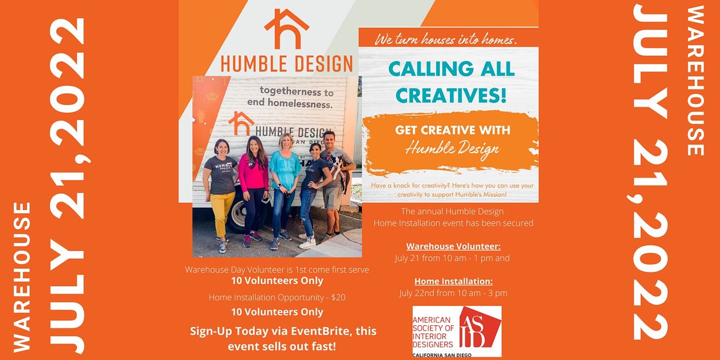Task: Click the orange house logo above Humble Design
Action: [286, 29]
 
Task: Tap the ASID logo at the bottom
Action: [457, 331]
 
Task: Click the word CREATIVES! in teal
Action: [451, 95]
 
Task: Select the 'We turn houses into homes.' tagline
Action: [446, 40]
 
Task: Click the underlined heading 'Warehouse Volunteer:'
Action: [453, 247]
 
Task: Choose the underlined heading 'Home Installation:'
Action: [453, 281]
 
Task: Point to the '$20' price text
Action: [338, 298]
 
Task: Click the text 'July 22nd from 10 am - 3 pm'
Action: [453, 293]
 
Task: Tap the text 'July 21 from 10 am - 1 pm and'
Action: [452, 258]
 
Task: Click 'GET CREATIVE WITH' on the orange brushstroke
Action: [452, 130]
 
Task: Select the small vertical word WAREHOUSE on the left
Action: [22, 277]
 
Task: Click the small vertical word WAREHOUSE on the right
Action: [695, 80]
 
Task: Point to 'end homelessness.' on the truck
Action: [290, 103]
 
